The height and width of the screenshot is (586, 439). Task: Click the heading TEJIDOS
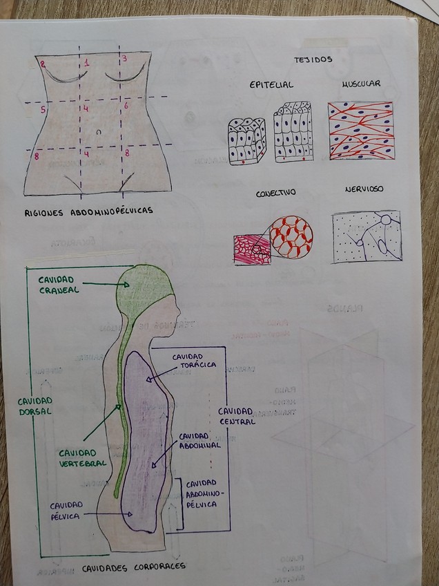click(313, 59)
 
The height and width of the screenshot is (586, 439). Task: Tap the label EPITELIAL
click(271, 84)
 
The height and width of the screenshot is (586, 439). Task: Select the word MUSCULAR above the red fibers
click(360, 84)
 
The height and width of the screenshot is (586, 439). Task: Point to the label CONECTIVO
click(275, 193)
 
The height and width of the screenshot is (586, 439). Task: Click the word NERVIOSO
click(364, 189)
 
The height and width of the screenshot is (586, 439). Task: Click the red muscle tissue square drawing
click(360, 131)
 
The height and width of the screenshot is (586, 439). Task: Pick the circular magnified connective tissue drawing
click(291, 237)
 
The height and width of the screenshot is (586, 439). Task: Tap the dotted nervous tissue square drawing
click(367, 237)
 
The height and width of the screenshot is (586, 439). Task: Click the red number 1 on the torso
click(86, 63)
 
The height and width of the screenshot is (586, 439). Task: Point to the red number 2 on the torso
click(43, 64)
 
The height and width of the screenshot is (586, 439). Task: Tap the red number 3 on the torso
click(124, 59)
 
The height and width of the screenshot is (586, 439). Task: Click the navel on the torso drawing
click(100, 131)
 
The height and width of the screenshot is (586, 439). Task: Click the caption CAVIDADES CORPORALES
click(133, 566)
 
